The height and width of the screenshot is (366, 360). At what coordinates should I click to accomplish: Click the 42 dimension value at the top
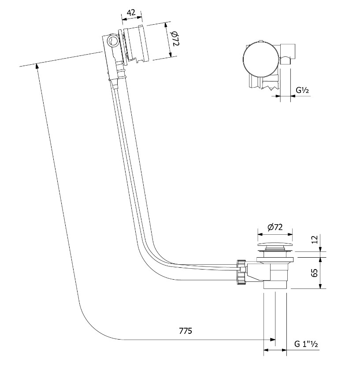[132, 13]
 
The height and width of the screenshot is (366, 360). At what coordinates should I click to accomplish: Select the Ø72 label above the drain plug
[275, 227]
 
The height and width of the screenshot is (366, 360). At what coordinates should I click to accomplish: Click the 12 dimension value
[315, 240]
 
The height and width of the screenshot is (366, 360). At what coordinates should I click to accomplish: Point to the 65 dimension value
[315, 273]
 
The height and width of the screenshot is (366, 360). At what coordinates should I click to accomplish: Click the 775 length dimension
[186, 331]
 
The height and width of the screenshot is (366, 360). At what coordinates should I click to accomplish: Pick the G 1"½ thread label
[306, 344]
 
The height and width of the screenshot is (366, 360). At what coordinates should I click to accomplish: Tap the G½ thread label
[302, 90]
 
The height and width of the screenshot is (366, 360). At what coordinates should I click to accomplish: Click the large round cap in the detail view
[261, 59]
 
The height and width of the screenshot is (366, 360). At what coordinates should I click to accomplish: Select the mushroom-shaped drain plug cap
[275, 246]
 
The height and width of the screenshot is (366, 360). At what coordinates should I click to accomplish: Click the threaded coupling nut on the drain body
[241, 272]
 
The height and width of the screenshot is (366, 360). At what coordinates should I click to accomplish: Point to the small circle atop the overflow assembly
[113, 41]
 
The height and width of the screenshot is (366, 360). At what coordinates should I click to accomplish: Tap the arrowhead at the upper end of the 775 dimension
[37, 66]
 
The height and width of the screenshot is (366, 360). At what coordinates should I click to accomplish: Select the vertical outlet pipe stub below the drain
[275, 285]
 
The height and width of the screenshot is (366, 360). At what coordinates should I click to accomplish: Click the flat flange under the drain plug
[275, 259]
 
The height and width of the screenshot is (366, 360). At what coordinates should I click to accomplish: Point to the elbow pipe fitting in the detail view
[288, 54]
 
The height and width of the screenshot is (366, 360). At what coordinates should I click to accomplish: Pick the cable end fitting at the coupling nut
[243, 270]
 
